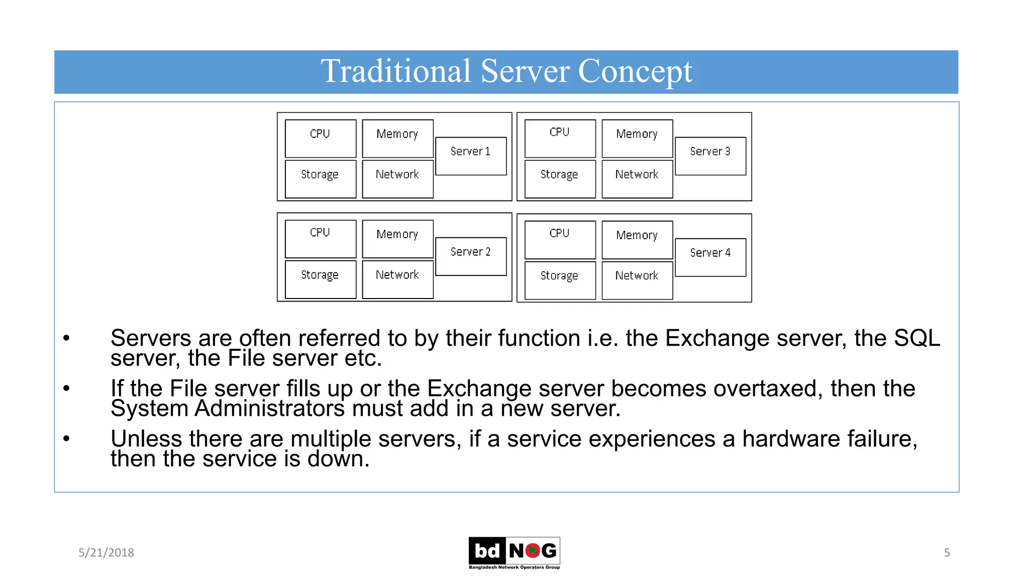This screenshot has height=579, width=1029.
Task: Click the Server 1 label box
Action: tap(471, 156)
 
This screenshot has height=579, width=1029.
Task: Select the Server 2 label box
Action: tap(471, 256)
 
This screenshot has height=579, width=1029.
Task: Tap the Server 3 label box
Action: tap(710, 156)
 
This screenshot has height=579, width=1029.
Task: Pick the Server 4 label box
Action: tap(710, 257)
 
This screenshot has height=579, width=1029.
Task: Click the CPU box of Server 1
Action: tap(321, 138)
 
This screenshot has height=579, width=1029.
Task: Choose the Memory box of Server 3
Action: tap(637, 138)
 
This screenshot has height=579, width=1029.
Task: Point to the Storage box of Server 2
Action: tap(321, 279)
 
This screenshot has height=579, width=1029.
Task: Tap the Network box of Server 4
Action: tap(637, 280)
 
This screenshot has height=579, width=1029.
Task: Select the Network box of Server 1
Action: tap(397, 179)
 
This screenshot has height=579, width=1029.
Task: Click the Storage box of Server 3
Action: tap(560, 179)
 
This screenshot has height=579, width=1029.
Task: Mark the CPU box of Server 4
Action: tap(560, 240)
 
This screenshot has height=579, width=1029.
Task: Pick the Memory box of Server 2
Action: tap(397, 239)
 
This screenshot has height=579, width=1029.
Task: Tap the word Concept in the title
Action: tap(635, 71)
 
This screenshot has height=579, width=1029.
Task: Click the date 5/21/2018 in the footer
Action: tap(106, 552)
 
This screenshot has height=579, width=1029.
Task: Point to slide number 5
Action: tap(947, 552)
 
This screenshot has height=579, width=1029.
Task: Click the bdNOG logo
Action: tap(514, 552)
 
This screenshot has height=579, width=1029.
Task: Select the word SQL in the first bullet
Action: tap(916, 338)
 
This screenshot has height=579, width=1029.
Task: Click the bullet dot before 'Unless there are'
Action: tap(66, 439)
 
